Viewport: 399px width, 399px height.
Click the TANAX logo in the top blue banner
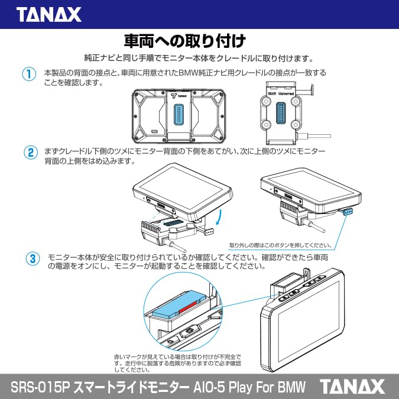click(x=48, y=14)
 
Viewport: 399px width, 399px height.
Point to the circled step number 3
click(x=33, y=258)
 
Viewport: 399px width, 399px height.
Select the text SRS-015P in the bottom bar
click(x=41, y=387)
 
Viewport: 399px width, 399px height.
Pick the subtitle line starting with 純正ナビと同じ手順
click(x=199, y=59)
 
